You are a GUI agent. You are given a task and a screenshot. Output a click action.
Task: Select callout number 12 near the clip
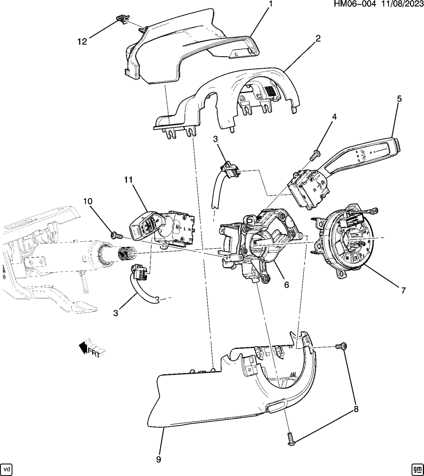82,41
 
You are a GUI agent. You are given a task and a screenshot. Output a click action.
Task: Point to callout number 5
399,99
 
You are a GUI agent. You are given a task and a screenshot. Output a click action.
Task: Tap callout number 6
286,285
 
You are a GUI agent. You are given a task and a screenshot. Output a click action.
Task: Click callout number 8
356,409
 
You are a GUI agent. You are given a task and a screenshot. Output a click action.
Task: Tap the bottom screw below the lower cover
290,438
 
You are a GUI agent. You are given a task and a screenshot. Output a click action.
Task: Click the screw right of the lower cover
341,346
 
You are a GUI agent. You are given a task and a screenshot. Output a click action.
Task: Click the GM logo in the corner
417,469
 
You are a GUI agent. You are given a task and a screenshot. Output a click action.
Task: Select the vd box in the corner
7,469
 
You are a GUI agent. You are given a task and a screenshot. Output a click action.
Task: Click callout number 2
318,38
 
